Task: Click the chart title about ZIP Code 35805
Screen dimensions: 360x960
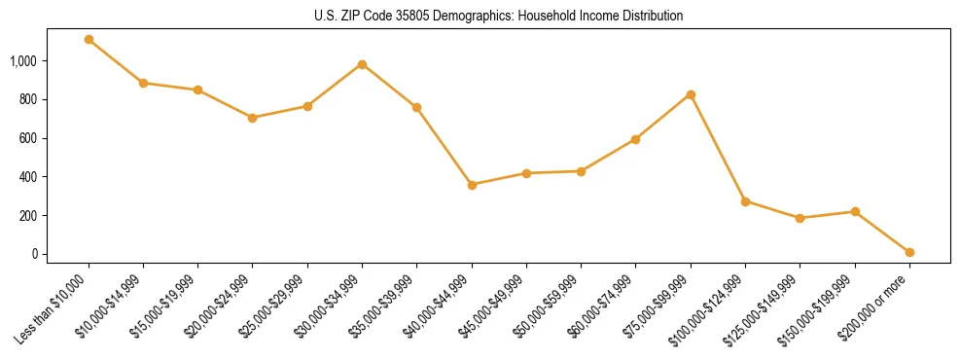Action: pyautogui.click(x=499, y=16)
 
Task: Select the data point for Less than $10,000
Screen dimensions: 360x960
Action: pyautogui.click(x=89, y=40)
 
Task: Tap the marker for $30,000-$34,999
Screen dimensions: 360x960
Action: pyautogui.click(x=362, y=64)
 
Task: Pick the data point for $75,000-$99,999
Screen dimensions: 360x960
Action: pyautogui.click(x=691, y=94)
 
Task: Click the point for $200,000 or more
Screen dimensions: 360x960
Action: pyautogui.click(x=909, y=252)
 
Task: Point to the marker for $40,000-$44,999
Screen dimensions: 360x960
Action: pyautogui.click(x=472, y=185)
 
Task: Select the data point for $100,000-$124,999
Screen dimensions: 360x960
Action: pyautogui.click(x=745, y=201)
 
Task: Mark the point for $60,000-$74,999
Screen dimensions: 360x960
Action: pyautogui.click(x=635, y=139)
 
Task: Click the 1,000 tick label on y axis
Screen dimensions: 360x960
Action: pyautogui.click(x=22, y=61)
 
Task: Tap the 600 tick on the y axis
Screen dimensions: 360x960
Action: pyautogui.click(x=27, y=138)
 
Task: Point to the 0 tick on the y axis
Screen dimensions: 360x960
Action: pyautogui.click(x=33, y=254)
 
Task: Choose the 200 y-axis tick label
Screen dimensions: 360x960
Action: pyautogui.click(x=27, y=215)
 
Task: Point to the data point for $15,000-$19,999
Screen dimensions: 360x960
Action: pyautogui.click(x=197, y=90)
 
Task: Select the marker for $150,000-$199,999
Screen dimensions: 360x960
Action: pyautogui.click(x=855, y=211)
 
